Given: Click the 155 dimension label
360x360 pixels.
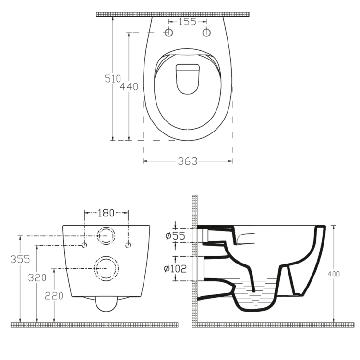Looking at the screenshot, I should pyautogui.click(x=188, y=22).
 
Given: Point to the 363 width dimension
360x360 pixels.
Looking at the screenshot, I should pyautogui.click(x=188, y=161).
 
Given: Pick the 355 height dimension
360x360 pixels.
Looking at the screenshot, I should pyautogui.click(x=20, y=259).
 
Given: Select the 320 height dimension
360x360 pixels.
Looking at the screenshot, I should pyautogui.click(x=37, y=277).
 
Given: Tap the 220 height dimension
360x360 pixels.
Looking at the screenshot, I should pyautogui.click(x=54, y=296).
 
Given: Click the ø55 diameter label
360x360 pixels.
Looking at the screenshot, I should pyautogui.click(x=174, y=236).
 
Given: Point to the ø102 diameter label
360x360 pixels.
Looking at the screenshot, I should pyautogui.click(x=175, y=268).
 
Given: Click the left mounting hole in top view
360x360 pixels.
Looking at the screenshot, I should pyautogui.click(x=168, y=33).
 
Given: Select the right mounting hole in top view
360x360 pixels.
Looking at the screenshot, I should pyautogui.click(x=207, y=33).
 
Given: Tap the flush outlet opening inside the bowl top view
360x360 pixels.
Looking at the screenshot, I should pyautogui.click(x=188, y=78).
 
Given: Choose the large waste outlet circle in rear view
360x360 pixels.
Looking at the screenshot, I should pyautogui.click(x=106, y=267).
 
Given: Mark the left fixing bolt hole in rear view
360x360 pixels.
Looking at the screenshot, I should pyautogui.click(x=84, y=245).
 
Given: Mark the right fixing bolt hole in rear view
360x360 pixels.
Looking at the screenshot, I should pyautogui.click(x=128, y=245).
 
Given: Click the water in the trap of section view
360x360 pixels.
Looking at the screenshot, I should pyautogui.click(x=254, y=295).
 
